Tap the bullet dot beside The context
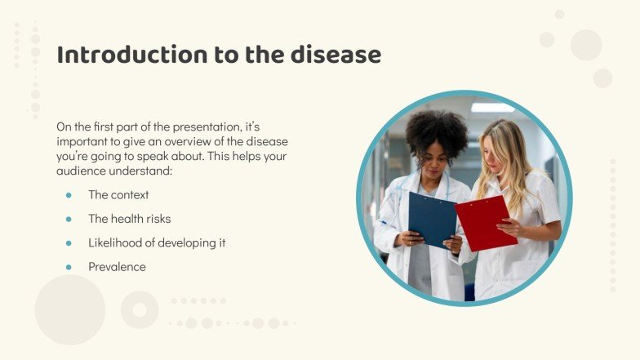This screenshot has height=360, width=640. (x=69, y=195)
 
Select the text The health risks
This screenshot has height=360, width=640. (x=129, y=219)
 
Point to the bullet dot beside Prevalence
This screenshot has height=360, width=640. (x=69, y=267)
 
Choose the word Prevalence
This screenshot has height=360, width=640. (x=117, y=267)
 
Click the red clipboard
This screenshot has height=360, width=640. (x=486, y=223)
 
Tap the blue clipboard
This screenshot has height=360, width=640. (x=432, y=219)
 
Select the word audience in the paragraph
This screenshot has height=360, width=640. (x=79, y=171)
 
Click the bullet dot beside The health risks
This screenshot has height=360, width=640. (x=69, y=219)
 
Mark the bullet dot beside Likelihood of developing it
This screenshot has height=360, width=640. (x=69, y=242)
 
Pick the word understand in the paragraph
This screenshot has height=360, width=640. (x=155, y=171)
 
